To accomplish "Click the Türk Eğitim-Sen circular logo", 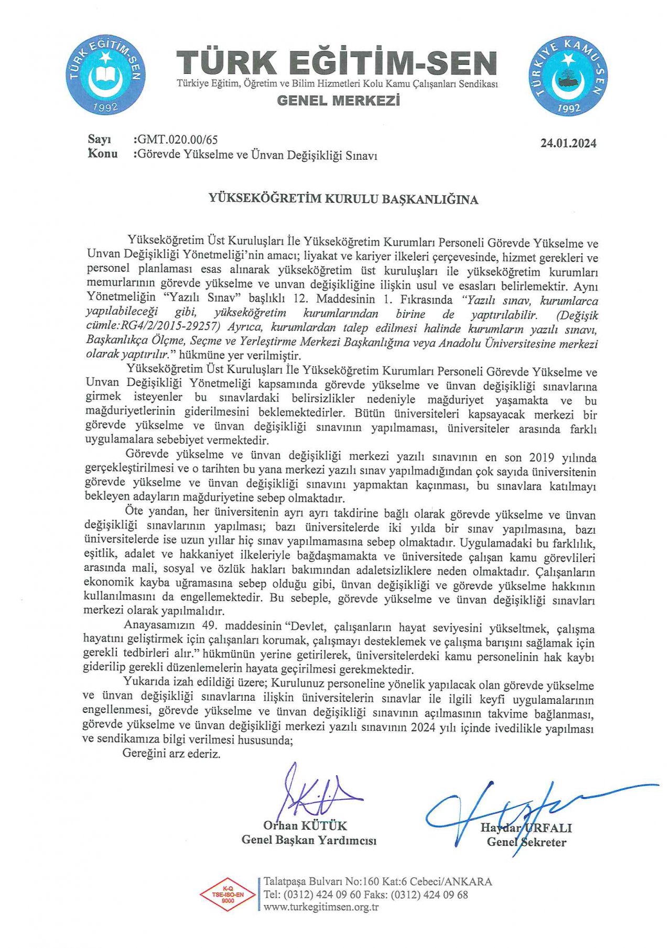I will click(x=106, y=76).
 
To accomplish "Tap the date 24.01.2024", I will click(x=568, y=144).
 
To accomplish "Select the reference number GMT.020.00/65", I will click(x=177, y=140).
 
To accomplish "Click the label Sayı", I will click(x=100, y=140).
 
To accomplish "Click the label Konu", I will click(x=103, y=154).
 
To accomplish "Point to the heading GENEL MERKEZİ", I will click(x=338, y=101).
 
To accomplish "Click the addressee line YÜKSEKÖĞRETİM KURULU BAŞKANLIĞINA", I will click(x=343, y=200).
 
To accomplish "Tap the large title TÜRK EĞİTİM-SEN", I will click(x=336, y=63).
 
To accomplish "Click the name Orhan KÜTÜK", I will click(x=305, y=826).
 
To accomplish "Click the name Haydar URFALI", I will click(x=526, y=828).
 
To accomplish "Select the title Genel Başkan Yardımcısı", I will click(x=309, y=840).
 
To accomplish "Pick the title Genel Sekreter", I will click(x=526, y=842).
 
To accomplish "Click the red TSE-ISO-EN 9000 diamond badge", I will click(x=228, y=894).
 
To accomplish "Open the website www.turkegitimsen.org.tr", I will click(x=321, y=908).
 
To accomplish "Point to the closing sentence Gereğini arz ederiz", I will click(x=171, y=754).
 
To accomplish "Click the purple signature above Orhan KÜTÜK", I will click(x=315, y=793).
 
